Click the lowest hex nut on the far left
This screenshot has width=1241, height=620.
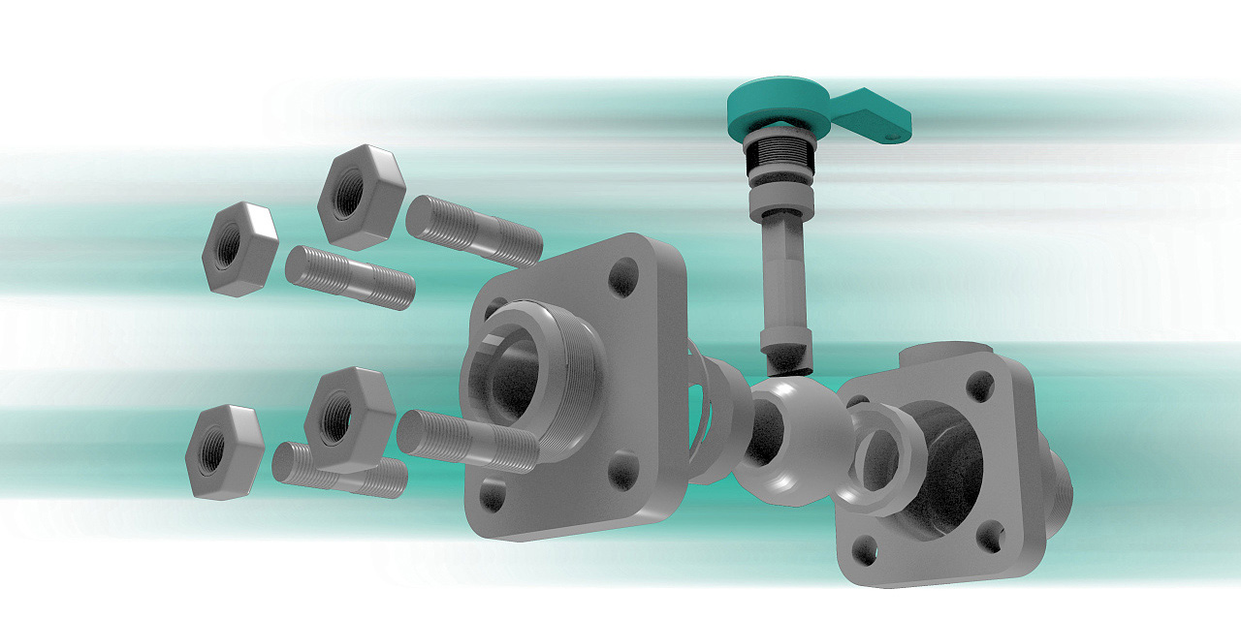click(225, 451)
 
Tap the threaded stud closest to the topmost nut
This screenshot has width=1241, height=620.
click(473, 230)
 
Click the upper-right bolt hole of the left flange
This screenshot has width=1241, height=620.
click(623, 276)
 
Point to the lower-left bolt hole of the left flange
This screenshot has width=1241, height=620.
click(493, 497)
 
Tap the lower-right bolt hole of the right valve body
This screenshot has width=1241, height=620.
click(990, 532)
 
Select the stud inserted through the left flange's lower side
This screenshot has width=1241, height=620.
click(468, 440)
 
